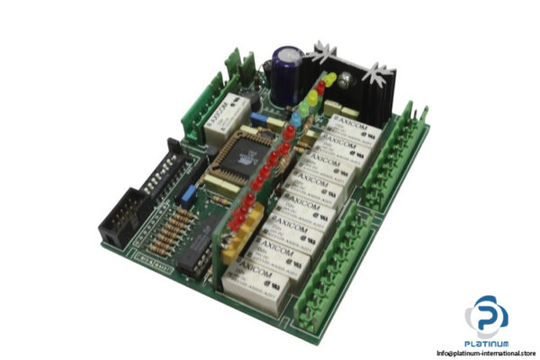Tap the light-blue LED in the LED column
pos(300,115)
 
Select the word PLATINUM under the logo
pos(486,345)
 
